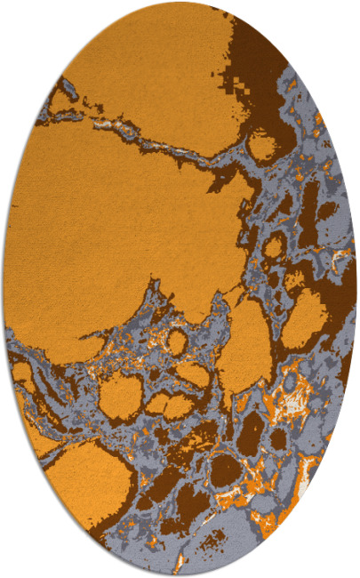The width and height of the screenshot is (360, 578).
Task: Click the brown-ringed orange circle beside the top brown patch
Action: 262,144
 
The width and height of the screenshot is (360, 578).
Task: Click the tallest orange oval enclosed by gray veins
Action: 244,351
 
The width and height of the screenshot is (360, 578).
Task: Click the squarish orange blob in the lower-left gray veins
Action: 120,396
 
